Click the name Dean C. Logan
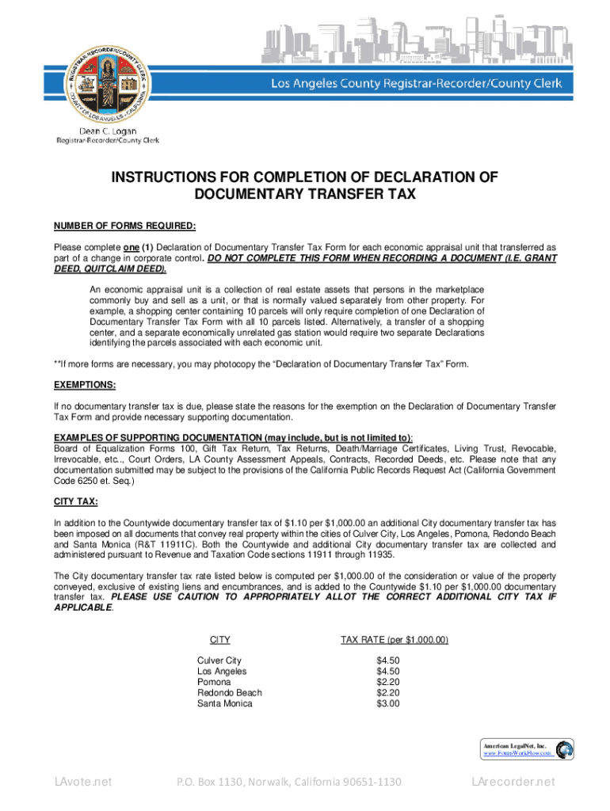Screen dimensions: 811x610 (x=107, y=131)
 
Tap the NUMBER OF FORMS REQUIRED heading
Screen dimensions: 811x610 (x=124, y=226)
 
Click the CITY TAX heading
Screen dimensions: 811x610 (x=75, y=501)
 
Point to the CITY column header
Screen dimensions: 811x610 (x=219, y=639)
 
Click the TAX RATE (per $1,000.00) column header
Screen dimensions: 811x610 (x=395, y=639)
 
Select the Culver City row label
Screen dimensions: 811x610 (x=219, y=661)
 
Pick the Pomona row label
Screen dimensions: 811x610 (x=214, y=682)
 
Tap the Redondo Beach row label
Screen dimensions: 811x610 (x=229, y=693)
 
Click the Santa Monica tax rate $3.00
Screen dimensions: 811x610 (x=388, y=703)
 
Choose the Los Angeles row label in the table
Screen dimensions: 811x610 (x=222, y=672)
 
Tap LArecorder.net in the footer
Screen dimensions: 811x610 (x=513, y=782)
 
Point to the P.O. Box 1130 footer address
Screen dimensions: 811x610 (x=289, y=782)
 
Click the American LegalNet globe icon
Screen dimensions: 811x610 (x=565, y=749)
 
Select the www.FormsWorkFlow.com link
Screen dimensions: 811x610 (x=518, y=755)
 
